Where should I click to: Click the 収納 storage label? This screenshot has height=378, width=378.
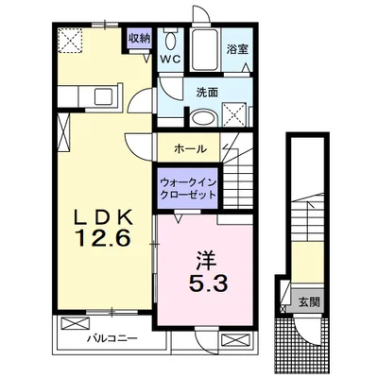point(139,39)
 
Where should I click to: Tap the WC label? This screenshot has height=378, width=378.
point(171,59)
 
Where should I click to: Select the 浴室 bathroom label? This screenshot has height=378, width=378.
point(235,49)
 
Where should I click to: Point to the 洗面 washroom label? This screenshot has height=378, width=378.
point(207,93)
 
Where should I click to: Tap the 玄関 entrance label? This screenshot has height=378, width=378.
point(309,302)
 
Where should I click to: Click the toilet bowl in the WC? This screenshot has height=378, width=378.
point(170,43)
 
